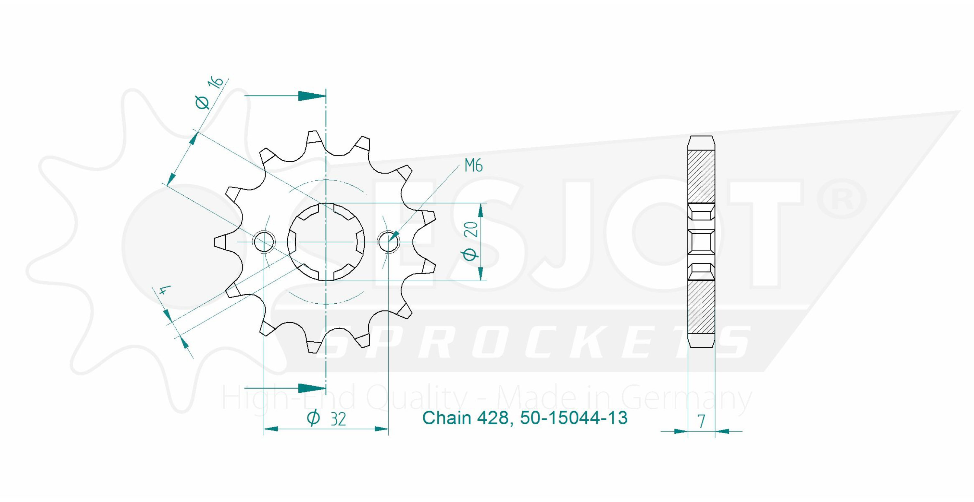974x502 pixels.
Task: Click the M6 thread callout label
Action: tap(473, 165)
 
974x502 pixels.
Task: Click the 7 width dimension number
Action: tap(701, 421)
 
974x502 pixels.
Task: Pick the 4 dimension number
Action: tap(163, 291)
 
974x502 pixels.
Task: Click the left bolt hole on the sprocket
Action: tap(264, 242)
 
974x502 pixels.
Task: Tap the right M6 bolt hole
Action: tap(388, 242)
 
